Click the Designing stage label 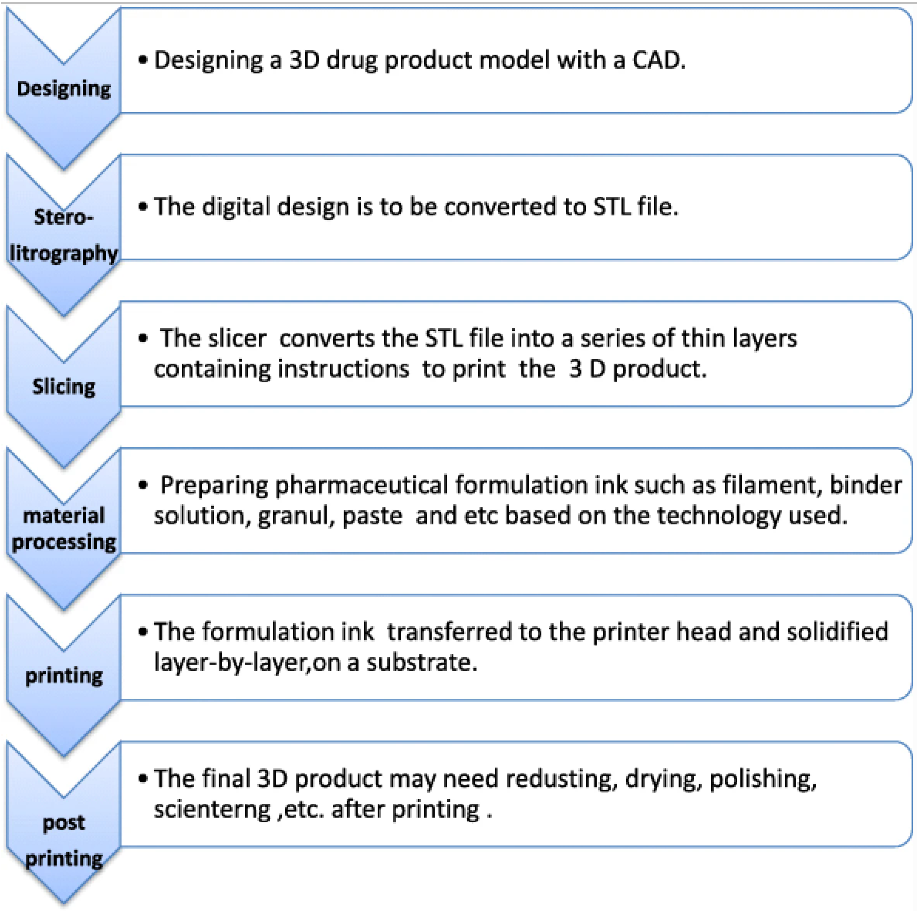63,89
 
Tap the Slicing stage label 63,386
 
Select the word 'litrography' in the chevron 63,253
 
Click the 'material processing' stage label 63,529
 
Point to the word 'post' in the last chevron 63,823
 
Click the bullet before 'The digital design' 142,207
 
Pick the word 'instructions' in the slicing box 343,369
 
